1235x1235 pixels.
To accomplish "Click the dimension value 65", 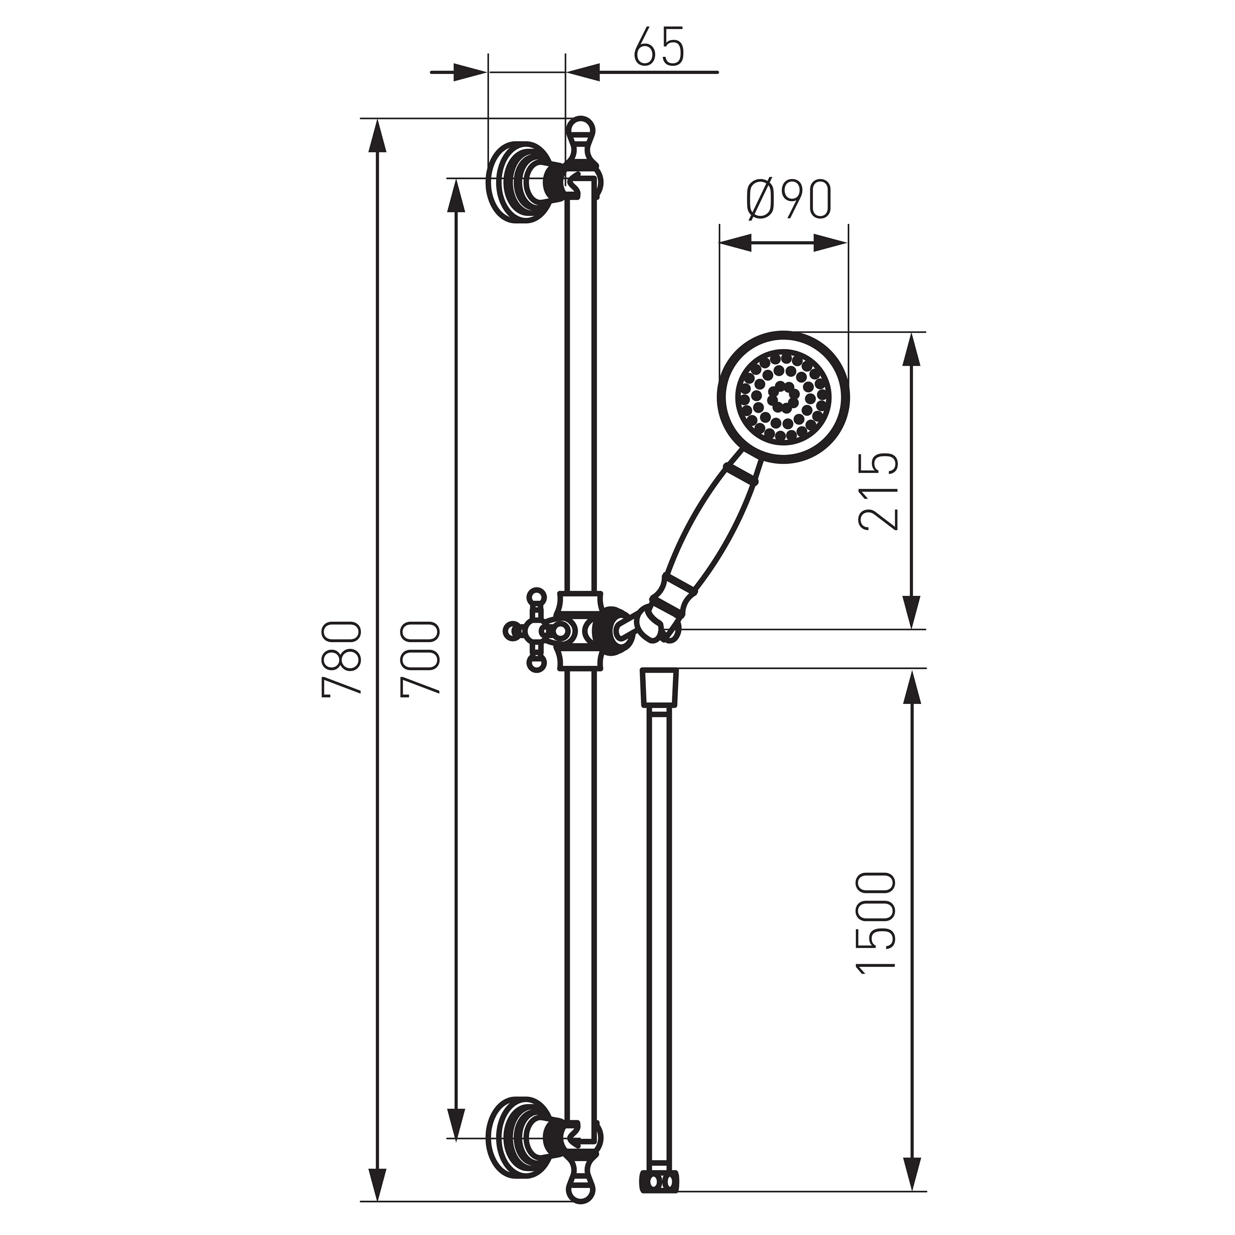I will (659, 47).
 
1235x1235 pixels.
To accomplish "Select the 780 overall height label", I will (343, 657).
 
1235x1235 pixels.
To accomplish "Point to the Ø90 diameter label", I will (790, 199).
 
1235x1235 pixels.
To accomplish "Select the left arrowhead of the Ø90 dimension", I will (735, 242).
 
